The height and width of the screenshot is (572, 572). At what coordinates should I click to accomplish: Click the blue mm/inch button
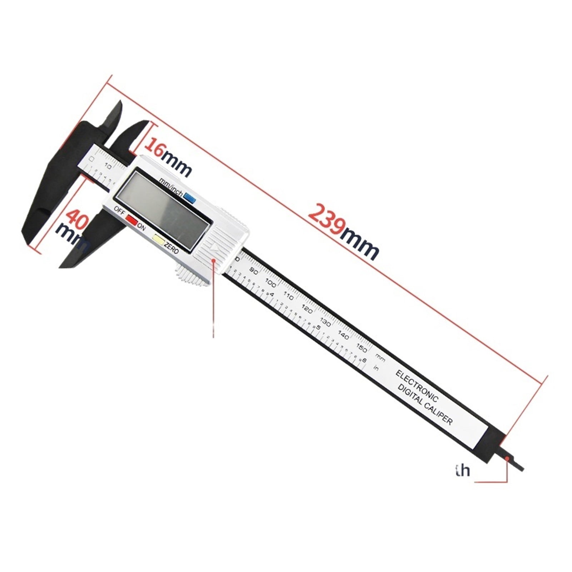pos(189,197)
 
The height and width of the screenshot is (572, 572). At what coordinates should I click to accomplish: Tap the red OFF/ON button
pos(131,219)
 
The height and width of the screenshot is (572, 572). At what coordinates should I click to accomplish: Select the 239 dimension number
pos(326,219)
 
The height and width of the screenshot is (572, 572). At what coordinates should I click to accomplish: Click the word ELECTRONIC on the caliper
pos(417,386)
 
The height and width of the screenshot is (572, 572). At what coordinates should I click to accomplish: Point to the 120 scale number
pos(307,309)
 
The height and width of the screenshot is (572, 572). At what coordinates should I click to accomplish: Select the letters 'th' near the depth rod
pos(463,470)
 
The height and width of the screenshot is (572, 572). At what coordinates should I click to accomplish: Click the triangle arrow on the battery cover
pos(214,247)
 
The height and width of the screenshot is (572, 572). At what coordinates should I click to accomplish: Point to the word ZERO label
pos(171,247)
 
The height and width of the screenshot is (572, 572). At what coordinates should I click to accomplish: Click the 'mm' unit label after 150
pos(380,357)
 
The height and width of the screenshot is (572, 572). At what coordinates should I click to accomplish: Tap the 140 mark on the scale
pos(343,335)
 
